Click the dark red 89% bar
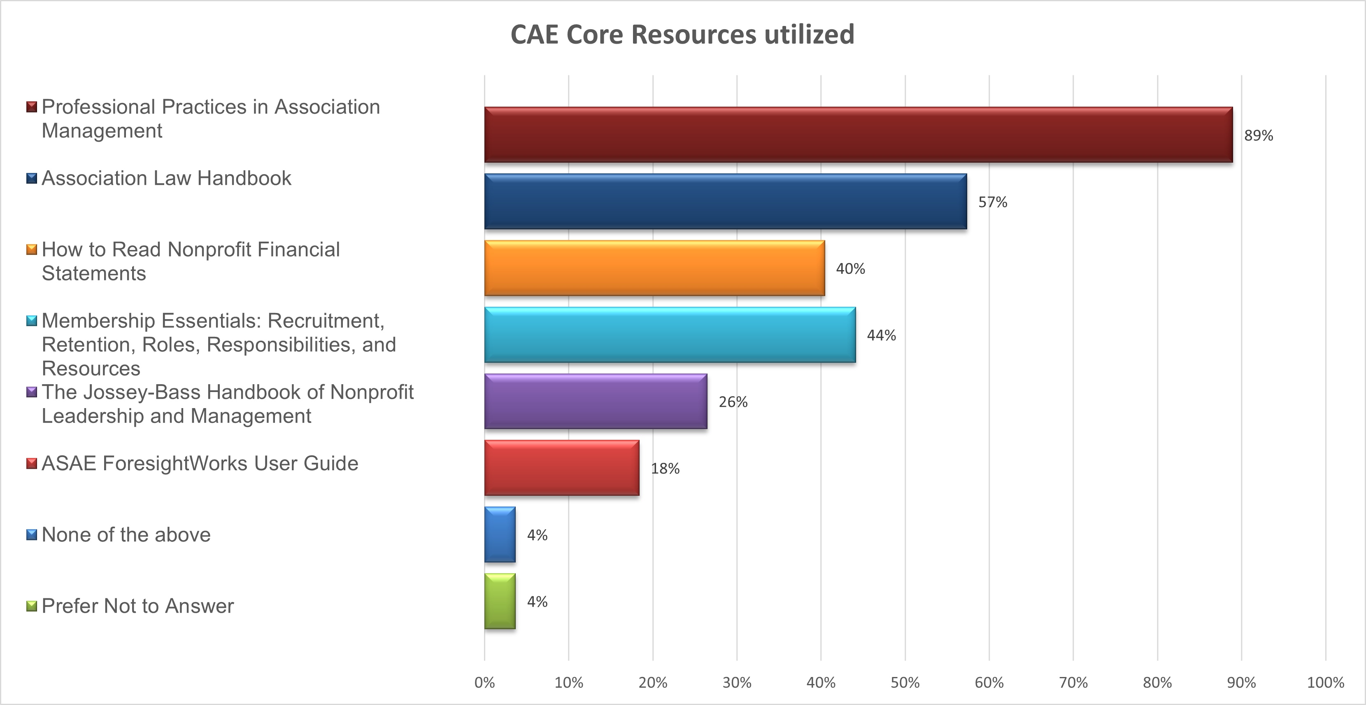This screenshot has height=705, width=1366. (x=858, y=135)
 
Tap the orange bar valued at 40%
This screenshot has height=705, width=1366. (x=654, y=268)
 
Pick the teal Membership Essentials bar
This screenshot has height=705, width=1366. (x=670, y=335)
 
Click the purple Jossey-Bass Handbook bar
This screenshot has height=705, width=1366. (x=596, y=402)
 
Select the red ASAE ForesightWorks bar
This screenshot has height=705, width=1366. (x=561, y=468)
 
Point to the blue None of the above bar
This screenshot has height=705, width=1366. (x=500, y=535)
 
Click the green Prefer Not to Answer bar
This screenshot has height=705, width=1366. (x=500, y=601)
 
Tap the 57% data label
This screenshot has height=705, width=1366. (x=992, y=202)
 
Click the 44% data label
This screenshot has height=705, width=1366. (x=881, y=335)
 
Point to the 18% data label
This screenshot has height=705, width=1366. (x=665, y=468)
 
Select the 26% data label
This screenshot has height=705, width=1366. (x=733, y=402)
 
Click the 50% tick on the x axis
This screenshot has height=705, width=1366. (x=905, y=683)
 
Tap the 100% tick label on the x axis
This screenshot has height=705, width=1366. (x=1325, y=683)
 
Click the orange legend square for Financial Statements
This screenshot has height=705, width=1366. (x=32, y=249)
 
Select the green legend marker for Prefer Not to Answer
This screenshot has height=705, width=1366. (x=32, y=606)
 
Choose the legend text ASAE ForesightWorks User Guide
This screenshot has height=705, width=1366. (x=200, y=464)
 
